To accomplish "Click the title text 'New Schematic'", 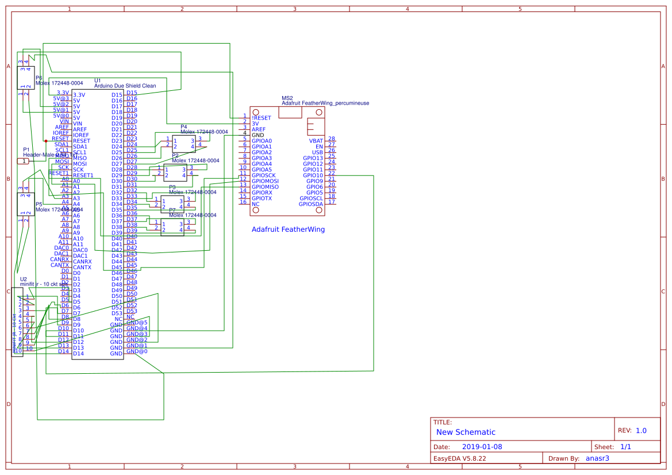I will [x=466, y=432].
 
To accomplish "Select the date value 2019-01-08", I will [x=482, y=447].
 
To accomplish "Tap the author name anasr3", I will [x=597, y=458].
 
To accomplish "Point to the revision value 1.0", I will [x=641, y=430].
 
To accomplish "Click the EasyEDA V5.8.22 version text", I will [x=460, y=458].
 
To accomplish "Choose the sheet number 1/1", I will [x=626, y=447].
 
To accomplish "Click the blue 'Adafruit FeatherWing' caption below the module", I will [x=288, y=229].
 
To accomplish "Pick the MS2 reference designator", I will [x=287, y=98].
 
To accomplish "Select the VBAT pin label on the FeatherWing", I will [x=316, y=141].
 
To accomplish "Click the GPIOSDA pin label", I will [x=311, y=204].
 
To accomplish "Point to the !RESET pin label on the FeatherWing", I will [x=262, y=117].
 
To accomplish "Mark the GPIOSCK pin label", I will [x=264, y=175].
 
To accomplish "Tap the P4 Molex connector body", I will [x=184, y=144].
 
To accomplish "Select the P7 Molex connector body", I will [x=172, y=227].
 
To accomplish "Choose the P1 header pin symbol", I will [x=22, y=161].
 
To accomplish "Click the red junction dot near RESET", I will [x=46, y=141].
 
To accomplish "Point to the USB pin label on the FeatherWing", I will [x=317, y=152].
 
